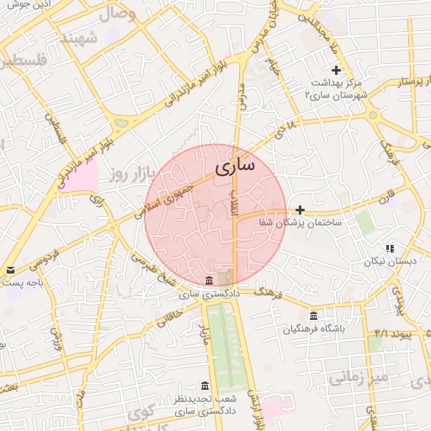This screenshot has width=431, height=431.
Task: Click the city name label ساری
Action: [234, 166]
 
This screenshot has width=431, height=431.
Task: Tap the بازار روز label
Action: [135, 174]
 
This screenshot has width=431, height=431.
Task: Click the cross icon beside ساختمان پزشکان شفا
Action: [300, 209]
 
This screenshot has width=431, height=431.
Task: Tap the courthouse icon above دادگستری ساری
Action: [209, 280]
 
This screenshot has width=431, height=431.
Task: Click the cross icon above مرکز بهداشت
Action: [337, 70]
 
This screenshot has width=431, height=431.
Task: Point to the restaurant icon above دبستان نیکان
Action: [389, 248]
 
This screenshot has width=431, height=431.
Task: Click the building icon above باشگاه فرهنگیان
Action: [314, 316]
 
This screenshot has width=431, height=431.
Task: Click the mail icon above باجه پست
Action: [10, 269]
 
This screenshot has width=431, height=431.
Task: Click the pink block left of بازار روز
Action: [81, 177]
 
